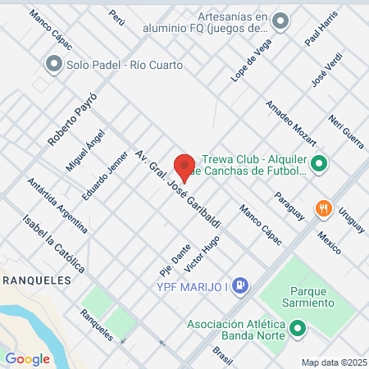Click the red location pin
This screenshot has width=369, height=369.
184,166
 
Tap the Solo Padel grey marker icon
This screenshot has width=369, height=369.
54,63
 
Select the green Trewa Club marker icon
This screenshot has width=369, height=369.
319,165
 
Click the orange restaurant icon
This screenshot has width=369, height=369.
324,208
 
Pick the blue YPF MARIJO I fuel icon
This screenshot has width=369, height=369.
240,285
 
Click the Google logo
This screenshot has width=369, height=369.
28,358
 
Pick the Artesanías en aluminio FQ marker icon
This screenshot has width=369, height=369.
281,21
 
